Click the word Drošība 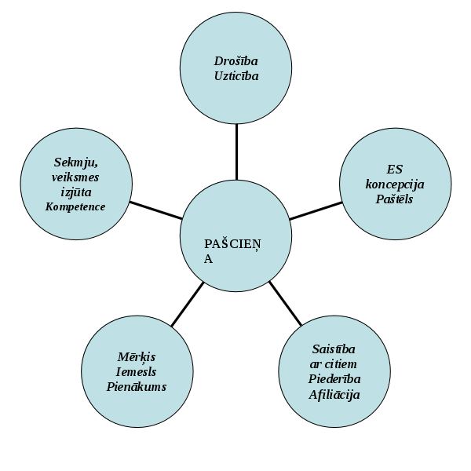point(236,60)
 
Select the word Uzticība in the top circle point(236,76)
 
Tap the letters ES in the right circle point(394,169)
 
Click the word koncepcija point(394,184)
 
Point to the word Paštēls point(394,199)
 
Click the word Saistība point(334,349)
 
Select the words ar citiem point(334,363)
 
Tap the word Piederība point(334,378)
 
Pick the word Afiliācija point(334,394)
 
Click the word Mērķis point(137,356)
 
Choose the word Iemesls point(137,371)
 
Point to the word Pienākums point(137,386)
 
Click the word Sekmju point(75,162)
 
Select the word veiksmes point(75,177)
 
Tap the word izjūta point(75,192)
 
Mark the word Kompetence point(75,206)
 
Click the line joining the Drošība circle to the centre point(236,152)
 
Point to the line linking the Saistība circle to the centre point(285,303)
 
